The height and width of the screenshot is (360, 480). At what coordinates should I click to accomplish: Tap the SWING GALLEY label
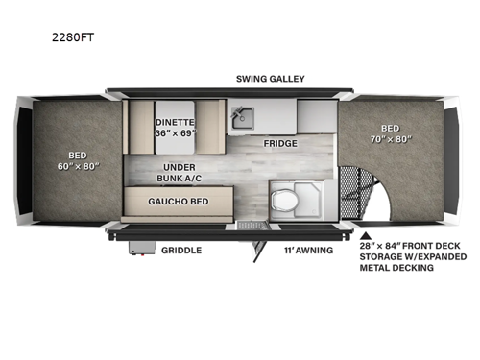pyautogui.click(x=262, y=77)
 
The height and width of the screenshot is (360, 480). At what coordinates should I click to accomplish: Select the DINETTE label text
pyautogui.click(x=175, y=122)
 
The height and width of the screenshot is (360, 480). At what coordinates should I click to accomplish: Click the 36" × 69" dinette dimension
pyautogui.click(x=176, y=133)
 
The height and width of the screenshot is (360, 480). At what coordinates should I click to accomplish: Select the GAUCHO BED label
pyautogui.click(x=179, y=202)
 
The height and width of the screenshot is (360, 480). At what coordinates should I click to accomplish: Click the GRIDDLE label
pyautogui.click(x=180, y=250)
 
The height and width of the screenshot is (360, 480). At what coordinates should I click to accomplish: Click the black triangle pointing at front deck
pyautogui.click(x=367, y=233)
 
